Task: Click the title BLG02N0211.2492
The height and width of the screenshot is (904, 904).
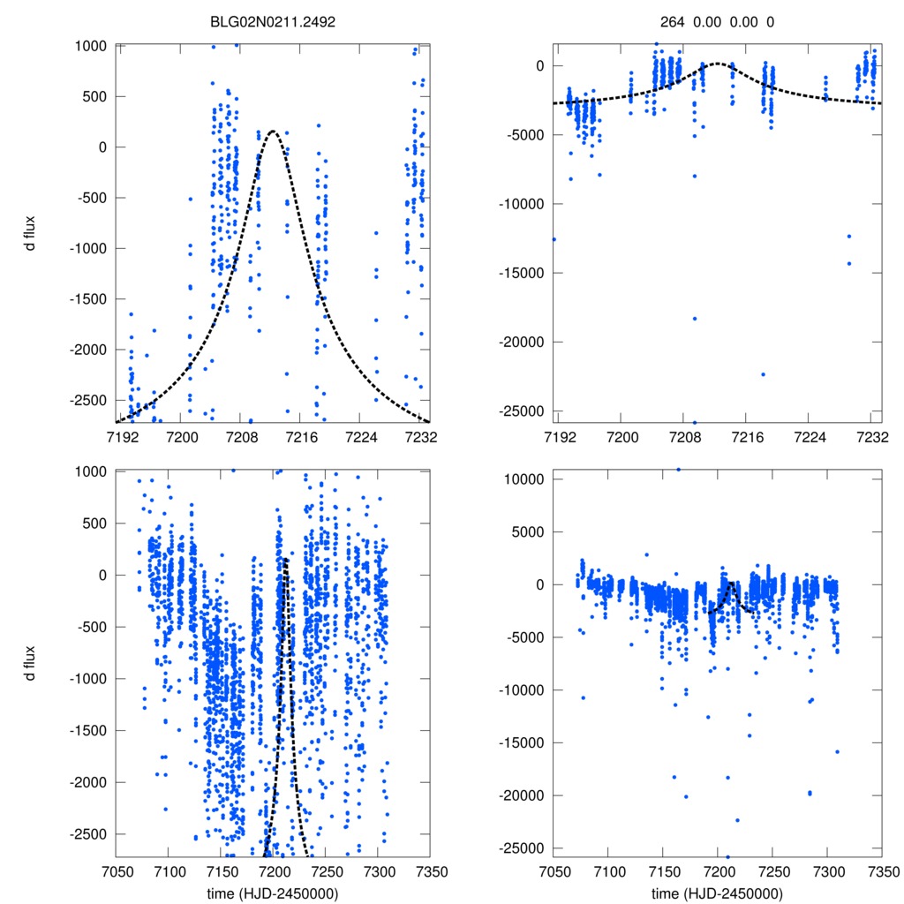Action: [x=273, y=20]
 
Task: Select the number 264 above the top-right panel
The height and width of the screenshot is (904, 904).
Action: [x=672, y=20]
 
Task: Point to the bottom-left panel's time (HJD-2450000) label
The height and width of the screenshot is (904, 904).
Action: [x=273, y=893]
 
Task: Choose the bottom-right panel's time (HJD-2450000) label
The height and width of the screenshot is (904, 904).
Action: [x=718, y=893]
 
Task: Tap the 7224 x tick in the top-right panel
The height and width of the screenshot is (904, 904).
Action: [x=810, y=437]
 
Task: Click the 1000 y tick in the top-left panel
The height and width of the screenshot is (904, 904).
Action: [x=92, y=46]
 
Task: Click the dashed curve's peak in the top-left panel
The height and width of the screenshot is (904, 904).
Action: [x=273, y=132]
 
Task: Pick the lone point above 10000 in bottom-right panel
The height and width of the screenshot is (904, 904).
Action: [x=678, y=470]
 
